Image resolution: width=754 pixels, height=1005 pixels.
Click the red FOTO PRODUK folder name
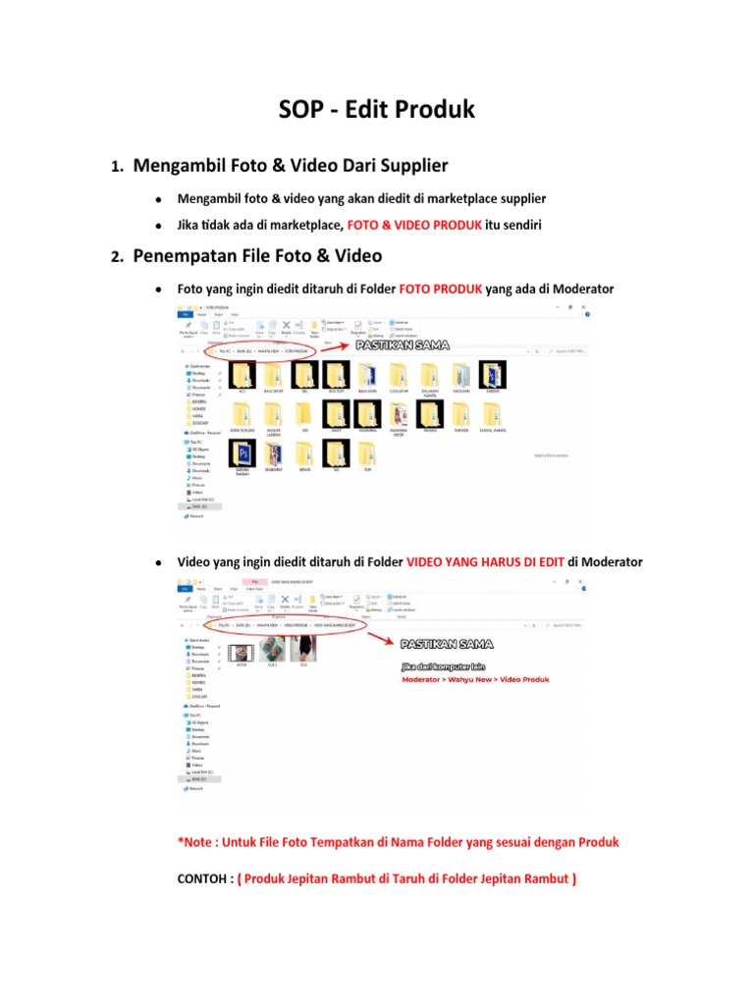pos(441,290)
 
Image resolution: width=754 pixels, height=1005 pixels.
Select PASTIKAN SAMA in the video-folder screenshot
pos(447,644)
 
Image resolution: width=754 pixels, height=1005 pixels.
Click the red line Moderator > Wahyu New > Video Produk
pos(474,679)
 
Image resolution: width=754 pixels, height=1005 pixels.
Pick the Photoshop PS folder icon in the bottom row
pos(242,452)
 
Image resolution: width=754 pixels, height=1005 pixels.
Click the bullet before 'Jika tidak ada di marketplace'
pos(157,226)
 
